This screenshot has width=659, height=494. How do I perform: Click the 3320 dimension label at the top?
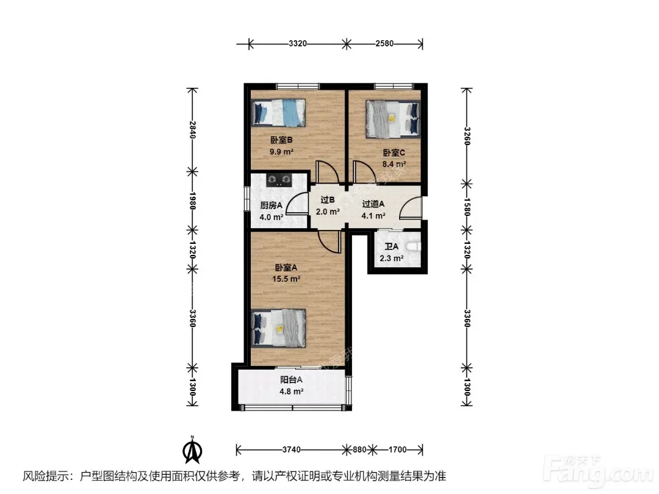click(x=298, y=43)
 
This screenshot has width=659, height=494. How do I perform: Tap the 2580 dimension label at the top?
click(x=384, y=43)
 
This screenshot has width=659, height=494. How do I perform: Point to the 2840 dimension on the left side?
click(x=192, y=129)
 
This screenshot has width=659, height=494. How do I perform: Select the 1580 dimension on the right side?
click(x=467, y=207)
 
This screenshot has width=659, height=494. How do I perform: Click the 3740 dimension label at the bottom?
click(x=291, y=450)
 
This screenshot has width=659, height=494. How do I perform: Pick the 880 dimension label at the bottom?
click(x=359, y=450)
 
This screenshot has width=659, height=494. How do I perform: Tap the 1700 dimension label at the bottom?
click(x=397, y=450)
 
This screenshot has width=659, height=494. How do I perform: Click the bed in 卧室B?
click(x=278, y=113)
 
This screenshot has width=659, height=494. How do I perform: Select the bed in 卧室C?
click(x=393, y=118)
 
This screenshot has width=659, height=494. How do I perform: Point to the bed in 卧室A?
click(x=278, y=328)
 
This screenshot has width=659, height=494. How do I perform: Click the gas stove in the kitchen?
click(x=279, y=180)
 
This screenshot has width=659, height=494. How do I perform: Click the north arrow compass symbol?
click(x=192, y=450)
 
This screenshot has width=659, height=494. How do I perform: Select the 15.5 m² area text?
click(x=286, y=279)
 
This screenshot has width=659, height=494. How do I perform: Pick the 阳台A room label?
click(x=291, y=380)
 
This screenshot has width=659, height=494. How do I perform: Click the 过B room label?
click(x=328, y=200)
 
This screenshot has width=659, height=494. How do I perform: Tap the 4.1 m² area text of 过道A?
click(x=373, y=216)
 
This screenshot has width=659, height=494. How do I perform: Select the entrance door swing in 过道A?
click(x=409, y=207)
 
